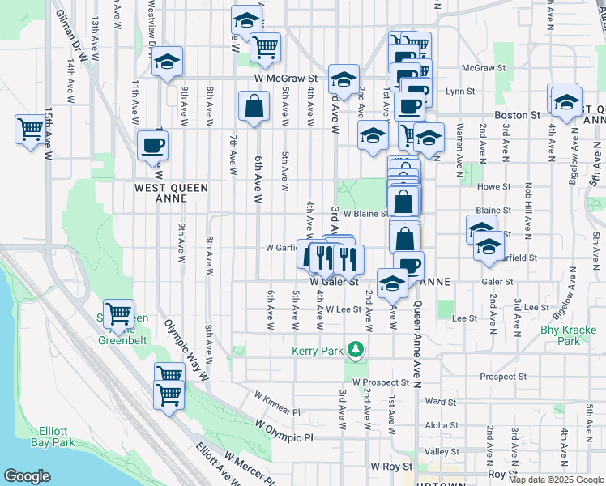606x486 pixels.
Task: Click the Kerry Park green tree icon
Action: [355, 350]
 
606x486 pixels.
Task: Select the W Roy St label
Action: [392, 467]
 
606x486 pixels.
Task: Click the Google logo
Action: [27, 476]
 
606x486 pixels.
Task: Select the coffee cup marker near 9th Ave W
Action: [152, 146]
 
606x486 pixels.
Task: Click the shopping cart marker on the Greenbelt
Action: [118, 313]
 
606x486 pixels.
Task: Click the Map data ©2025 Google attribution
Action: [555, 480]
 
